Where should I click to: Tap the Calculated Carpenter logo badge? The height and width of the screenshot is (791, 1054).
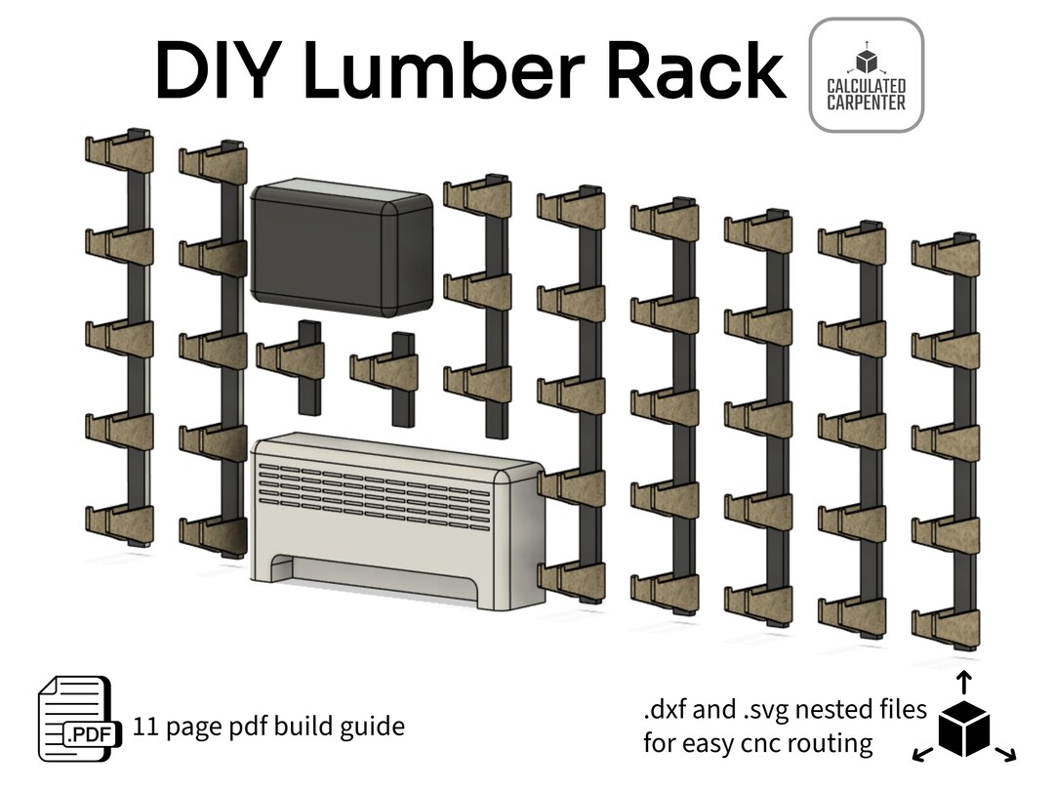coord(866,75)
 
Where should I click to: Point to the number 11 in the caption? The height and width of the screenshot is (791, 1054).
coord(146,727)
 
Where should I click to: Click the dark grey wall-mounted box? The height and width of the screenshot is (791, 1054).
coord(342,248)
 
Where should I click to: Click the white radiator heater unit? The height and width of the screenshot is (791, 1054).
coord(395,522)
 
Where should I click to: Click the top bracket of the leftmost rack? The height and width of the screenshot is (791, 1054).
coord(119,151)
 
